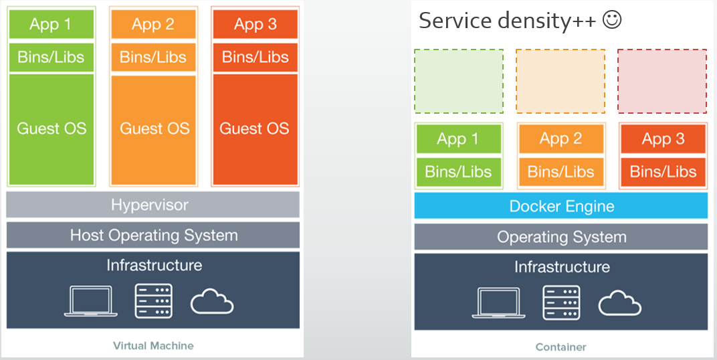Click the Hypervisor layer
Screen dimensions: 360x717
tap(152, 205)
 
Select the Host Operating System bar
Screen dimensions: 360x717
tap(152, 235)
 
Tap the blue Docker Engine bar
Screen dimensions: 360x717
tap(560, 206)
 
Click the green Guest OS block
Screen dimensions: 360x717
tap(52, 129)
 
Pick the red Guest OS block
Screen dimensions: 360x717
tap(255, 129)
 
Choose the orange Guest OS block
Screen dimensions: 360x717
tap(154, 129)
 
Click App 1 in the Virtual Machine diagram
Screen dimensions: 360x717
tap(51, 25)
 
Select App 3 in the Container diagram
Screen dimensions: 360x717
tap(663, 139)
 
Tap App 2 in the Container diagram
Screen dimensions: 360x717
tap(560, 139)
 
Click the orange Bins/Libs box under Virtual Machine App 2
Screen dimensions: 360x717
tap(153, 57)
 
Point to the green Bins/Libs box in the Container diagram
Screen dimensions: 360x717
tap(458, 172)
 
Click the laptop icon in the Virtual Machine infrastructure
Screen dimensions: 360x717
tap(91, 301)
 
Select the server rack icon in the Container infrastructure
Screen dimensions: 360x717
tap(560, 302)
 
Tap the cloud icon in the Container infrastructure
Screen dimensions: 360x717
tap(619, 303)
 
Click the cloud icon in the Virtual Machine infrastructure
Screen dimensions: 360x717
tap(212, 302)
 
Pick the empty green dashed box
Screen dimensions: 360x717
tap(458, 81)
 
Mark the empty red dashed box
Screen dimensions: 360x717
tap(661, 81)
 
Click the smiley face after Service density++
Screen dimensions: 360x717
tap(612, 20)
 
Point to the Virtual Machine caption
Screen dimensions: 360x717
tap(153, 346)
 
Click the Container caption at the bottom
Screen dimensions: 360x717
tap(560, 347)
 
